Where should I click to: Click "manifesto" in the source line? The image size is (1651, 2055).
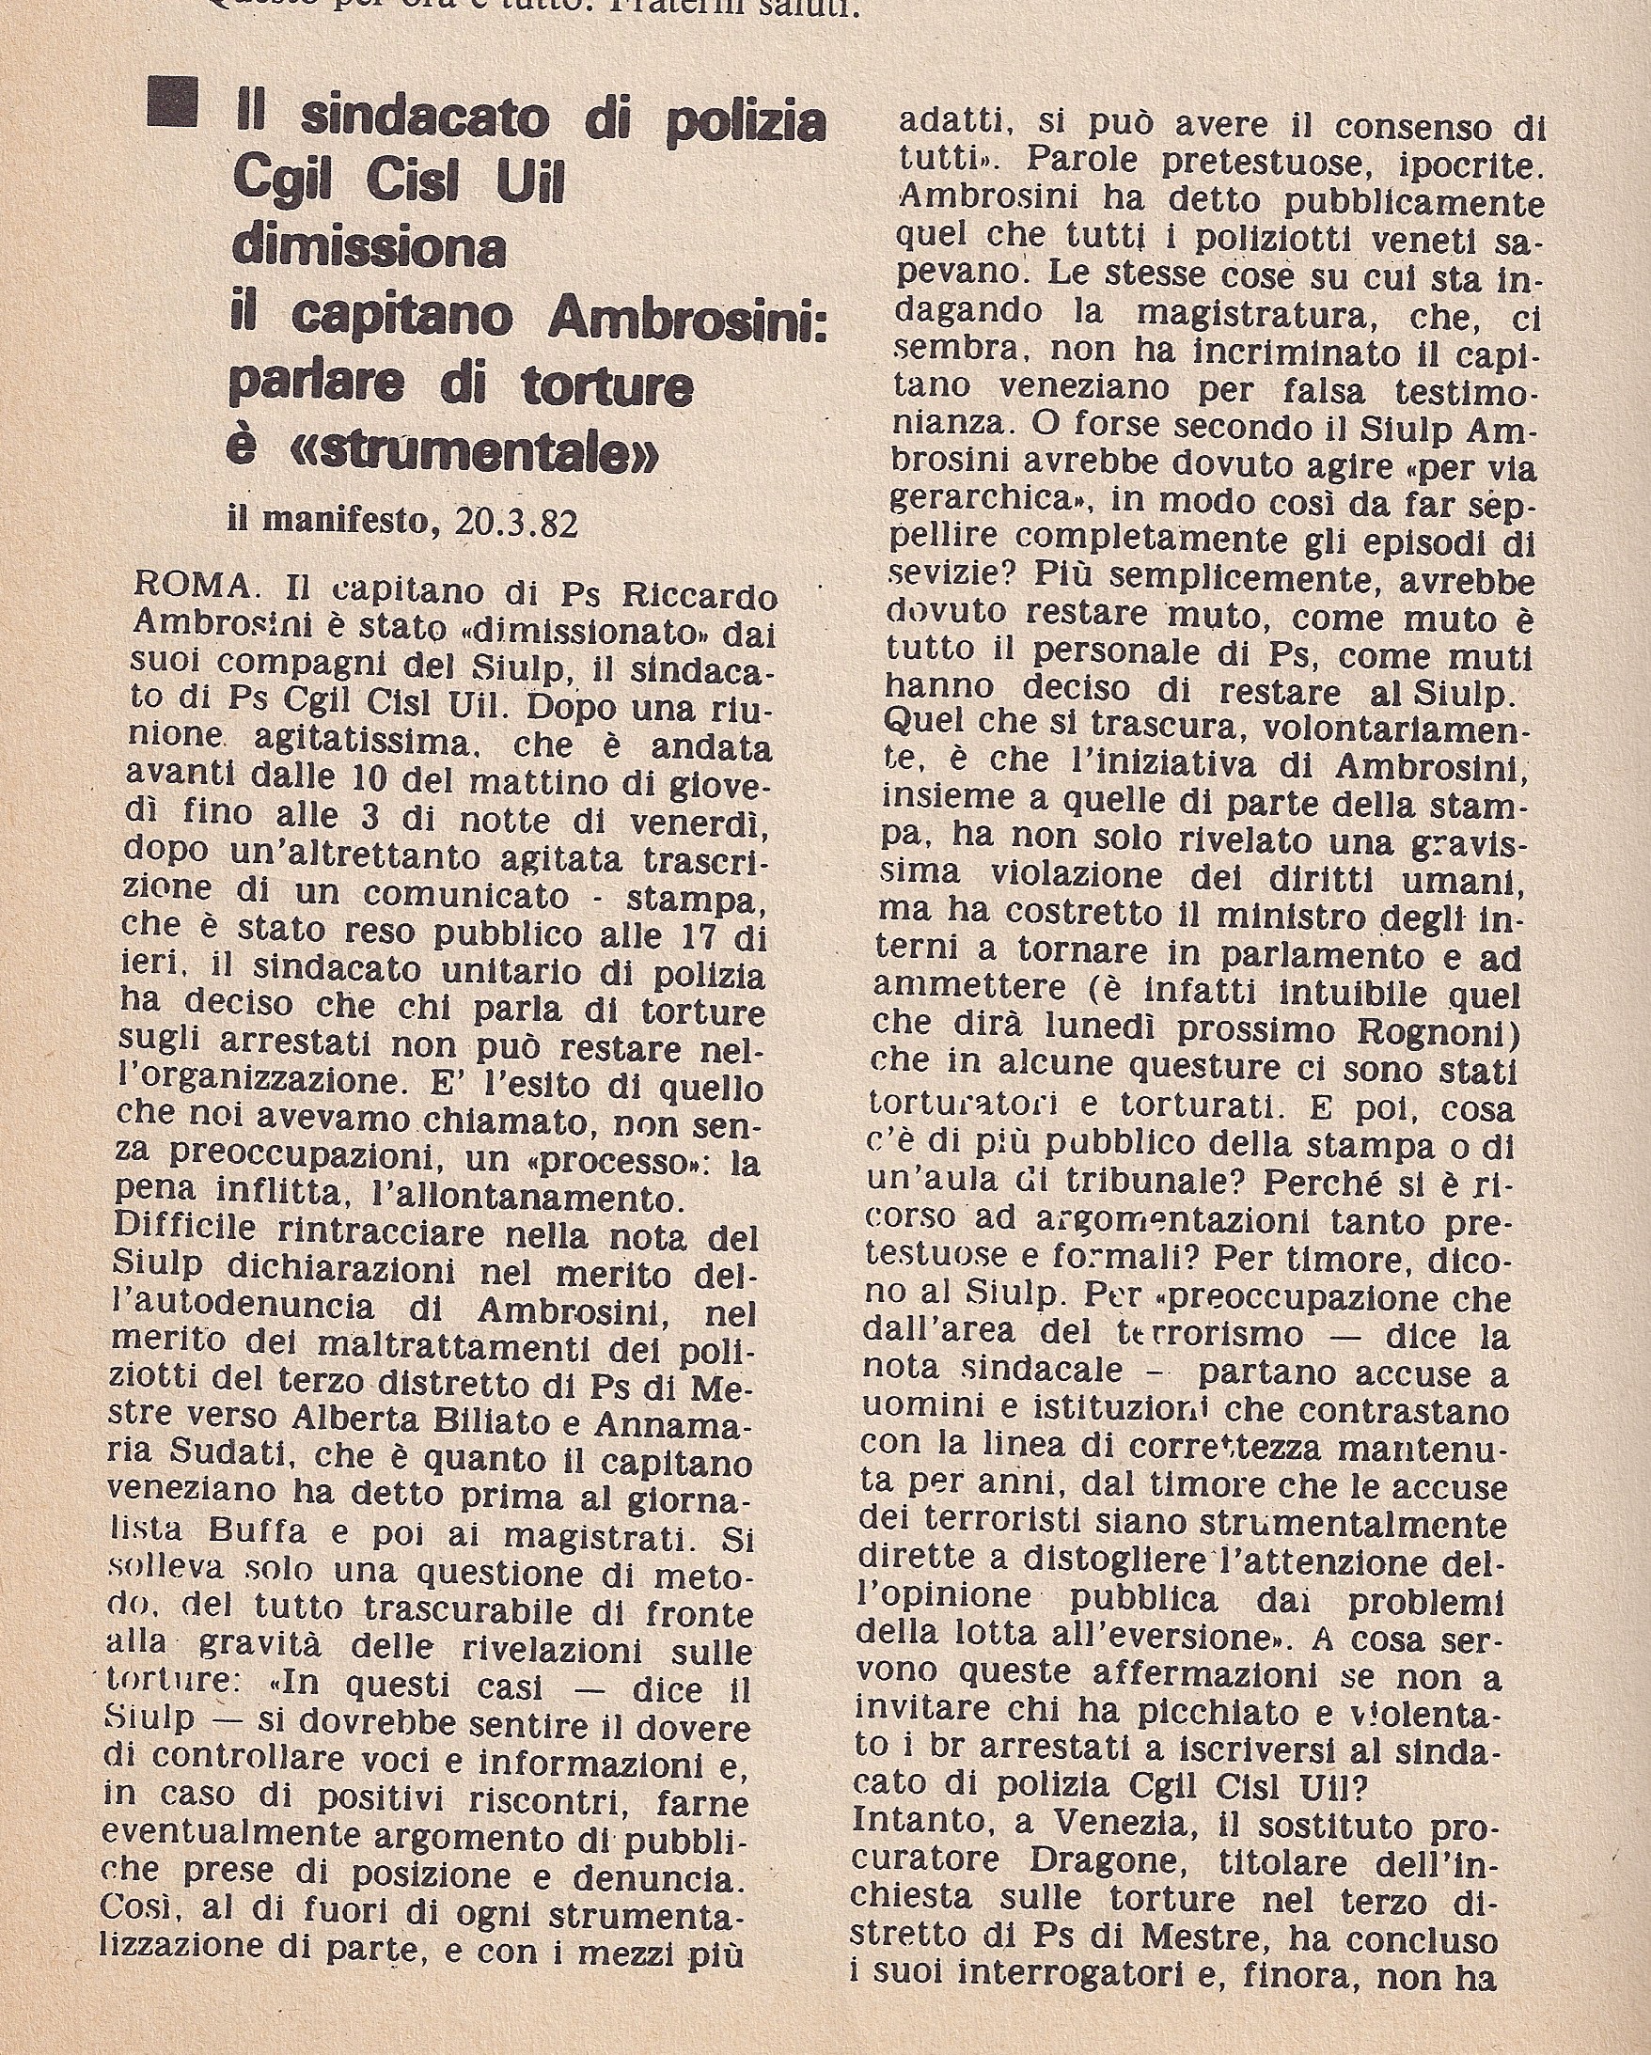351,524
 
